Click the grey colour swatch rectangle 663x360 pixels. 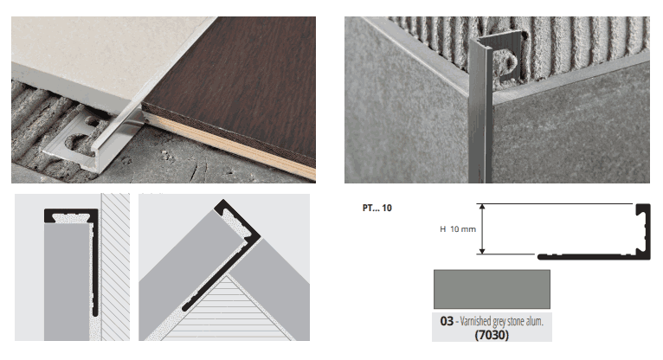[x=492, y=289]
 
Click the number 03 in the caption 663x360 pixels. [x=447, y=321]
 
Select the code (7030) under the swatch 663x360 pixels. [x=492, y=335]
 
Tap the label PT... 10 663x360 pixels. [x=377, y=208]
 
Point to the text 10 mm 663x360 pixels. [x=463, y=229]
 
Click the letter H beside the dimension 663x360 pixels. [x=442, y=229]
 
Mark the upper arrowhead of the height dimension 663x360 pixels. [x=481, y=207]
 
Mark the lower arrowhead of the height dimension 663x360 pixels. [x=481, y=252]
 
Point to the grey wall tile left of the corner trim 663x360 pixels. [x=406, y=106]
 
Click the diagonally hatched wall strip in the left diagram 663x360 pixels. [x=115, y=267]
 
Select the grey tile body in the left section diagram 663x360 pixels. [x=67, y=281]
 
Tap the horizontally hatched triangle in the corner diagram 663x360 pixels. [x=228, y=311]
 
